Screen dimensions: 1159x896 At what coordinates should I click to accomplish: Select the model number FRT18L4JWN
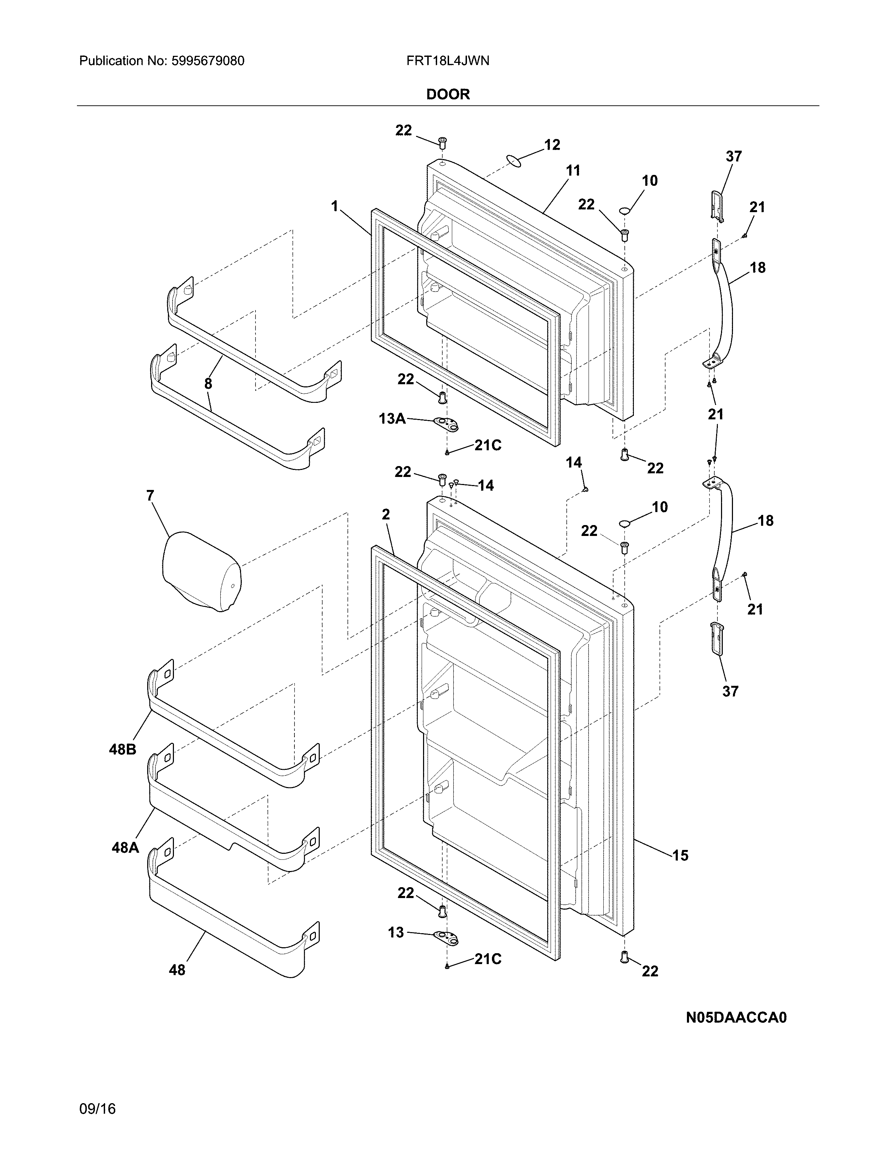point(447,61)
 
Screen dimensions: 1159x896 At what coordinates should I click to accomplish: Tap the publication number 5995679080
point(208,61)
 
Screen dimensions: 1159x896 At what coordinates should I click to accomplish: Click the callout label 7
point(150,496)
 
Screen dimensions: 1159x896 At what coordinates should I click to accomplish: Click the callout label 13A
point(392,419)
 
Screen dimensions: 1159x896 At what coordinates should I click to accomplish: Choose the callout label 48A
point(125,847)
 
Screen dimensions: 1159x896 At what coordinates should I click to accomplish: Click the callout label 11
point(573,171)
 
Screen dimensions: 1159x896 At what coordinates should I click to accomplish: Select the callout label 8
point(208,384)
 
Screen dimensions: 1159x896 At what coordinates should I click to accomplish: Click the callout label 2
point(386,514)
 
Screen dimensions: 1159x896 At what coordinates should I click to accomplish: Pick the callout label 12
point(552,145)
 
